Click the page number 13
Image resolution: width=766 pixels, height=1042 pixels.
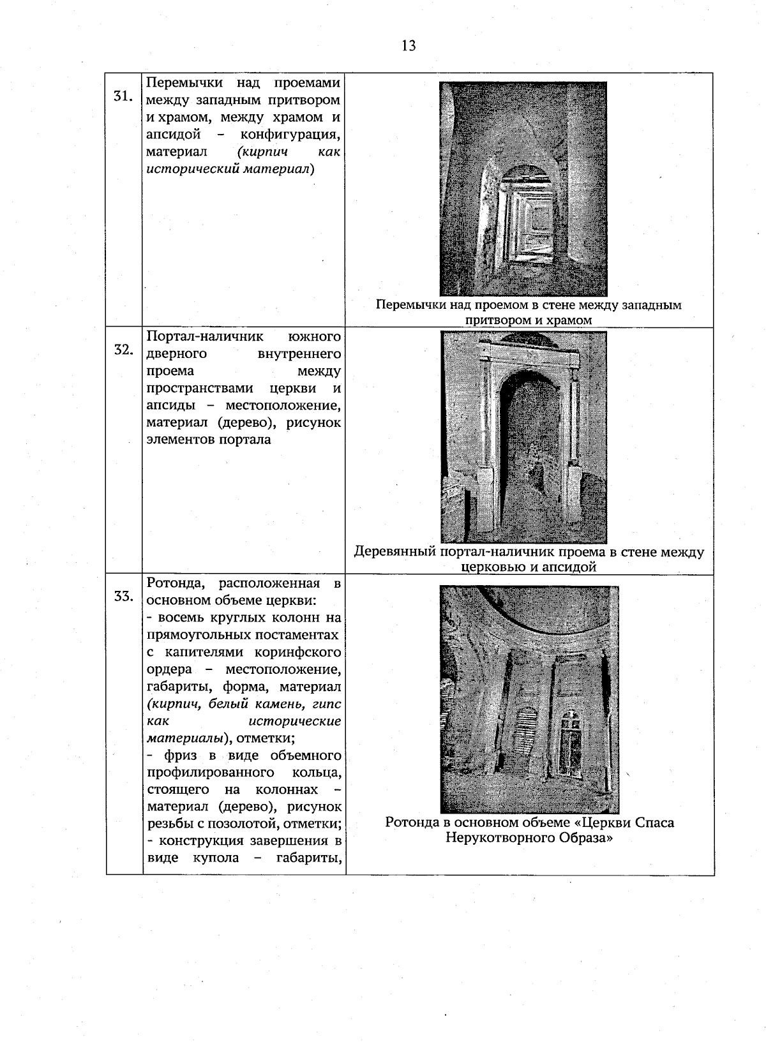point(409,45)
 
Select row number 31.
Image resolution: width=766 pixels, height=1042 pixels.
point(123,96)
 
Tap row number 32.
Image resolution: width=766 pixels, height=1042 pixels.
point(123,350)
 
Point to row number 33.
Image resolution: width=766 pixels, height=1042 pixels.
point(123,597)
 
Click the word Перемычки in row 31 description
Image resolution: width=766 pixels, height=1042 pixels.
point(184,83)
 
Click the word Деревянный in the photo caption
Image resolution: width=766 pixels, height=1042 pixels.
point(395,552)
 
